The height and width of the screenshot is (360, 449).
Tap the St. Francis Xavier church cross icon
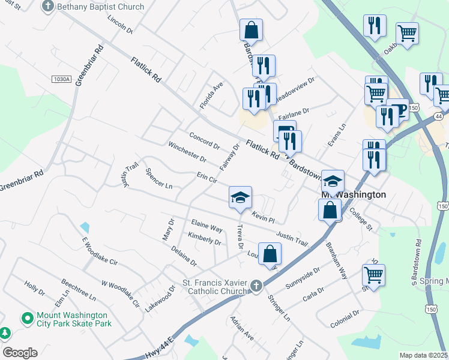click(x=256, y=286)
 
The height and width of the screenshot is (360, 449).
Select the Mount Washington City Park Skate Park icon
click(x=27, y=318)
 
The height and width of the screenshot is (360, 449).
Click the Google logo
click(x=19, y=353)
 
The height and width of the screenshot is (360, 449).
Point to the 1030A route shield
click(x=62, y=79)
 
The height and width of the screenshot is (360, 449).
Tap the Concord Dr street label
click(x=205, y=140)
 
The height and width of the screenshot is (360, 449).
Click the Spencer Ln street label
click(x=158, y=178)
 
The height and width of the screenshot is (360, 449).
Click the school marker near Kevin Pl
click(x=240, y=197)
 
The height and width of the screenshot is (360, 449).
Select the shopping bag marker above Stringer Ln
click(x=270, y=253)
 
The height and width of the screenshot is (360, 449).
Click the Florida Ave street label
click(x=211, y=95)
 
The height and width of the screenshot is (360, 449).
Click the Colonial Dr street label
click(x=345, y=318)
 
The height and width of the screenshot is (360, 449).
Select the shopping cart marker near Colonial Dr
click(x=373, y=275)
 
